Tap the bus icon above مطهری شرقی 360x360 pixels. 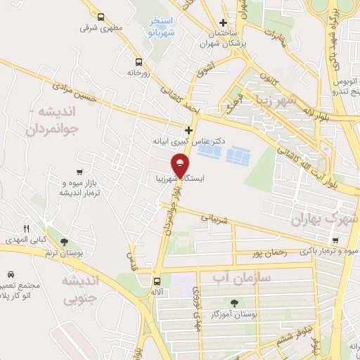click(x=101, y=18)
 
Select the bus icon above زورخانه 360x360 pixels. click(x=138, y=61)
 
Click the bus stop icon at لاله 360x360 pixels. click(x=157, y=279)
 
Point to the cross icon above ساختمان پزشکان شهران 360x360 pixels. click(x=223, y=23)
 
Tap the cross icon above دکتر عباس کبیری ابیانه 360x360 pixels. click(x=188, y=130)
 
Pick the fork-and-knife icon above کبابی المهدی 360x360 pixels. click(x=27, y=229)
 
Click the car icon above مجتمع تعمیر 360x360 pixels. click(x=11, y=274)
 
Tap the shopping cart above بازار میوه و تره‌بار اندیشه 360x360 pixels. click(x=82, y=172)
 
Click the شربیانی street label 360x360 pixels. click(x=215, y=218)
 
